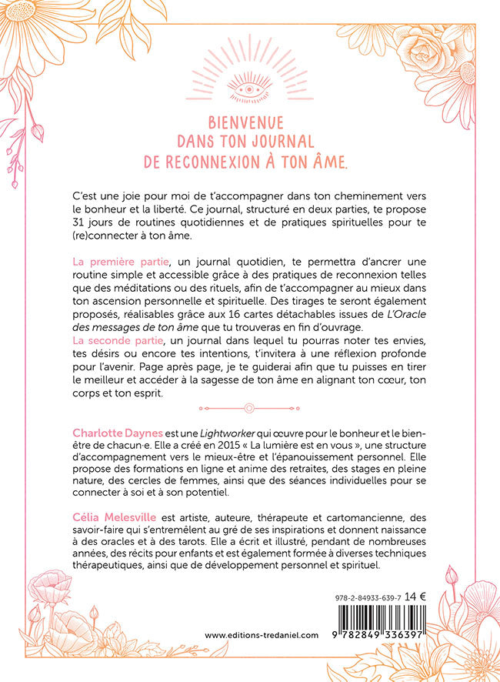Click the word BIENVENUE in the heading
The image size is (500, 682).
click(247, 123)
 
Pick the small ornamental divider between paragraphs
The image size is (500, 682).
click(249, 408)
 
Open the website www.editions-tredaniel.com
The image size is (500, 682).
click(262, 634)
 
